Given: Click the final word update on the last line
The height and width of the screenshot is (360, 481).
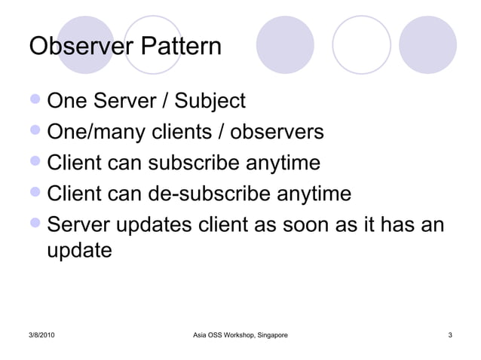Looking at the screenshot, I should (80, 250).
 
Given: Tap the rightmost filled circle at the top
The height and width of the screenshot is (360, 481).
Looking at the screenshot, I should (427, 44).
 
